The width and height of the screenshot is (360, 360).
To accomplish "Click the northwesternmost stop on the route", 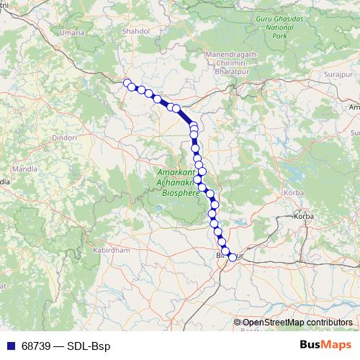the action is pyautogui.click(x=127, y=83).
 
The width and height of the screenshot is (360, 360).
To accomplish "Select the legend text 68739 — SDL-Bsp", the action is pyautogui.click(x=66, y=346).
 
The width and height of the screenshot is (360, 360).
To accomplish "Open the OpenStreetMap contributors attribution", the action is pyautogui.click(x=297, y=323).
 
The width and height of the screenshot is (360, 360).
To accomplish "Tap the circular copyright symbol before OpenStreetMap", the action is pyautogui.click(x=238, y=323).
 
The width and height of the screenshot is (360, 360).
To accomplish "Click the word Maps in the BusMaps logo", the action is pyautogui.click(x=336, y=346).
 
